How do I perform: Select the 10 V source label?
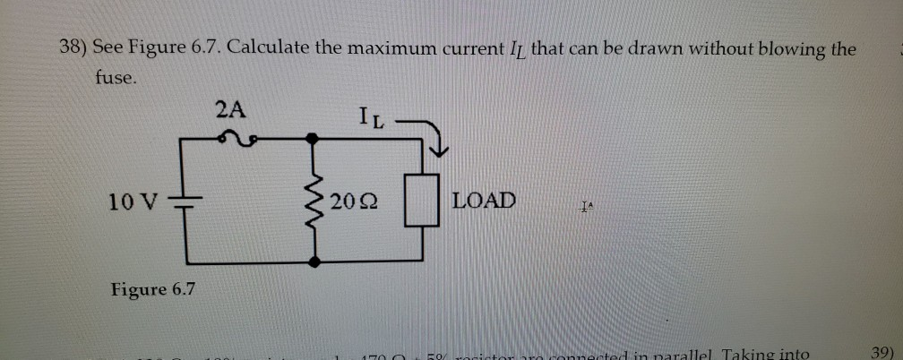coord(131,200)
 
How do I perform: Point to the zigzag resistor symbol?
coord(314,200)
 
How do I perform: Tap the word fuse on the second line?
coord(116,78)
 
